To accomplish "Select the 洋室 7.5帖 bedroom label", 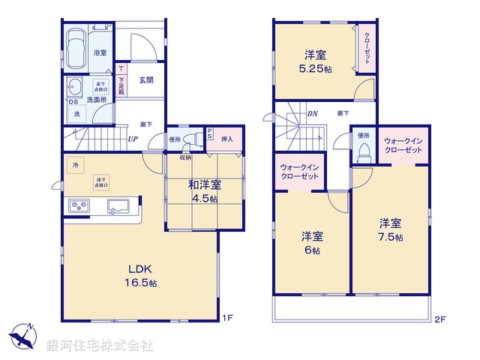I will coord(389,229).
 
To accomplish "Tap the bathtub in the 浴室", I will coord(76,49).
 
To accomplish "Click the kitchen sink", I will coord(120,206).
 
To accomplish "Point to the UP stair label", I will coord(132,139).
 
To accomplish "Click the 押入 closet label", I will coord(229,138).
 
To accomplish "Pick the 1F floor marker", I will coord(227,318).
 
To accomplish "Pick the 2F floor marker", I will coord(440,319).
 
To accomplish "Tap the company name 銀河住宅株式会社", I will coord(100,346).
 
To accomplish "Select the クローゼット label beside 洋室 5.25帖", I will coord(367,48).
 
